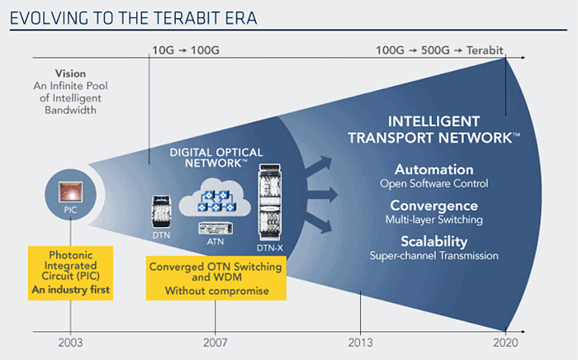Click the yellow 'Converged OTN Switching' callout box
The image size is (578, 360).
pos(216,278)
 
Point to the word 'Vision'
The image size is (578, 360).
pos(70,73)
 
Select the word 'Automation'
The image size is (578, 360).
pos(433,169)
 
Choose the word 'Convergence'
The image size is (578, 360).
pos(433,206)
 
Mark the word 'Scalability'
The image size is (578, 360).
pos(433,242)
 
